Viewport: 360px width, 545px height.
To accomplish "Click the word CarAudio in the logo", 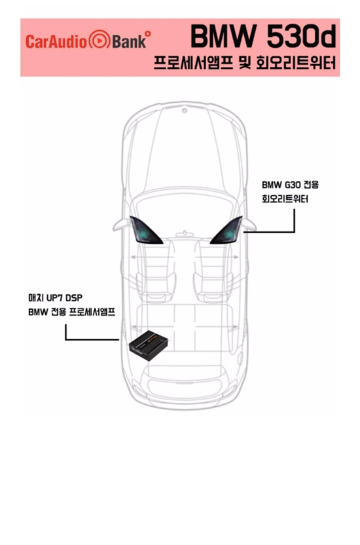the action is point(56,41).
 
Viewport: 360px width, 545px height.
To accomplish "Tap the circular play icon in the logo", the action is point(99,41).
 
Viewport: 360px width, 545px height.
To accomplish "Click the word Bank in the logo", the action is point(129,41).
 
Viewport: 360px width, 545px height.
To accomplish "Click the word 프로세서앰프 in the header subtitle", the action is point(192,64).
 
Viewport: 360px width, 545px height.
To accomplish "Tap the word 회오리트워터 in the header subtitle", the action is point(296,64).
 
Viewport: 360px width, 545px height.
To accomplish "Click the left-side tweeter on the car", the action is point(145,231).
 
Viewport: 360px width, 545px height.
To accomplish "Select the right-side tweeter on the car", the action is point(226,231).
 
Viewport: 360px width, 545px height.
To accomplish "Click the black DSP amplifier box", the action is point(149,345).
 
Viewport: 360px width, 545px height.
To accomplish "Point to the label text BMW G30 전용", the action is point(290,185).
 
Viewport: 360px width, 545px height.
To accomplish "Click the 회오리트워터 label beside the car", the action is point(285,199).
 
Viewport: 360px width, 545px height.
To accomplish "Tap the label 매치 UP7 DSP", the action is point(55,298).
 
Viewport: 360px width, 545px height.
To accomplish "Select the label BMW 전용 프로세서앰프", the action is point(71,312).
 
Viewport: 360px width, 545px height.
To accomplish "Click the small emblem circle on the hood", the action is point(185,111).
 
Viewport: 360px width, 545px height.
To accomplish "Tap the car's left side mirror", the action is point(122,225).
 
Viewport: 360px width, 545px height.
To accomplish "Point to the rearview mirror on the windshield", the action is point(185,234).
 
